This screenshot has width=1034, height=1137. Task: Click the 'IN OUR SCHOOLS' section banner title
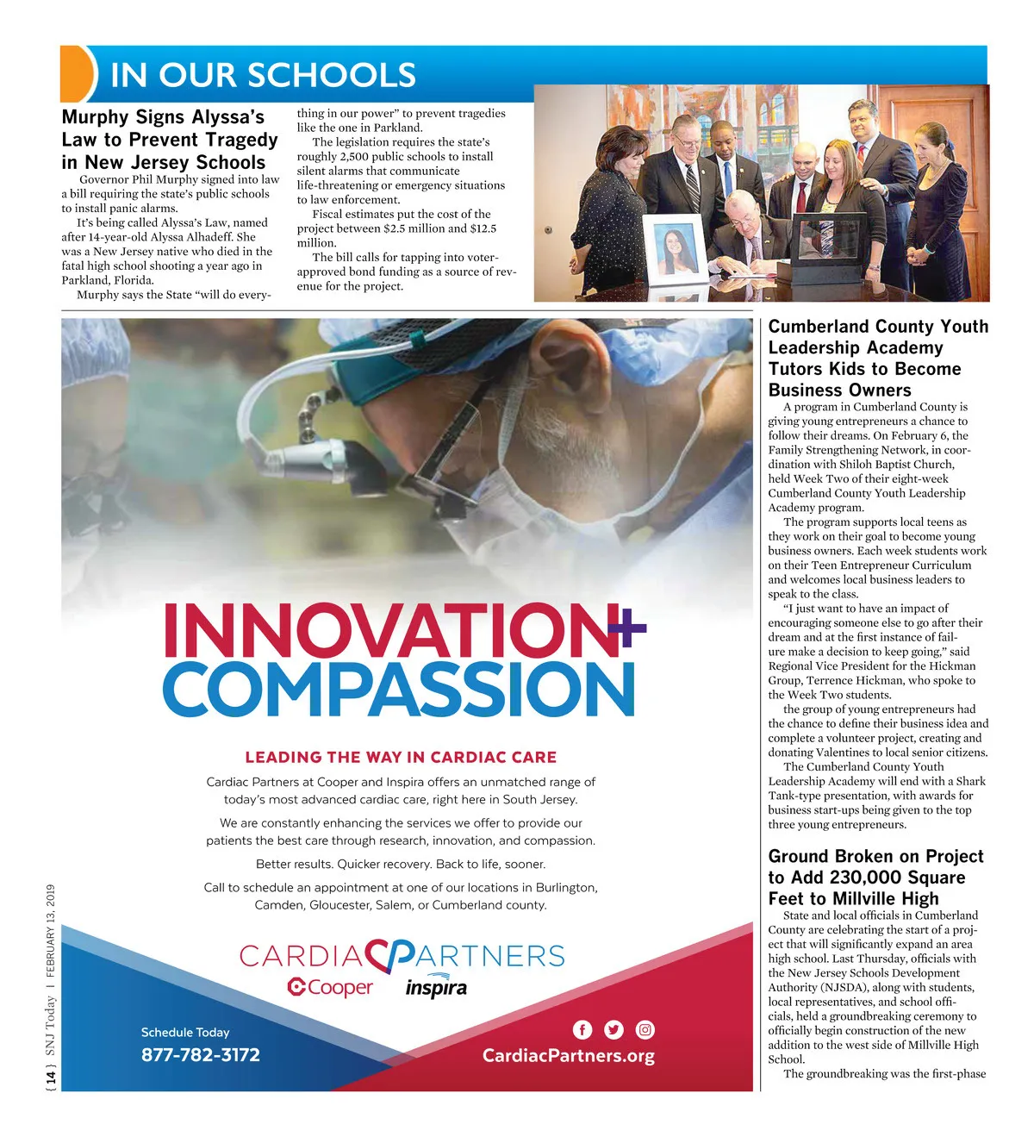coord(263,75)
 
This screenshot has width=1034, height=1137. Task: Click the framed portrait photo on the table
coord(674,250)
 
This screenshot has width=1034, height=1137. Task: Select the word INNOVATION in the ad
coord(388,631)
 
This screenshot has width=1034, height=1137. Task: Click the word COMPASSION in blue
coord(398,690)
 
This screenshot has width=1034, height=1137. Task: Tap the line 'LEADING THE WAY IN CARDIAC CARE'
coord(401,758)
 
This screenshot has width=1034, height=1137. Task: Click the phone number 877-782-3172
coord(200,1055)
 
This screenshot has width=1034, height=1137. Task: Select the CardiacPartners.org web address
coord(568,1056)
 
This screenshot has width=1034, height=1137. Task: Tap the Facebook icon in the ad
coord(582,1029)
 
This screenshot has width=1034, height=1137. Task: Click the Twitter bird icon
coord(614,1029)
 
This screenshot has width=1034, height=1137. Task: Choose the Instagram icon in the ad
coord(645,1029)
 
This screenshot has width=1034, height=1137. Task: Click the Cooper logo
coord(330,988)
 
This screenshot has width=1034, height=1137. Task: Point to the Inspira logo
coord(436,988)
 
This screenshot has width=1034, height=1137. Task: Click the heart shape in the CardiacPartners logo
coord(390,955)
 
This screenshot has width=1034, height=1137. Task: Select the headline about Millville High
coord(875,878)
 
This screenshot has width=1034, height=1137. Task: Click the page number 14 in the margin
coord(51,1077)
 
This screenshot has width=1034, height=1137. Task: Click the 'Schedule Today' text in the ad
coord(185,1032)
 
